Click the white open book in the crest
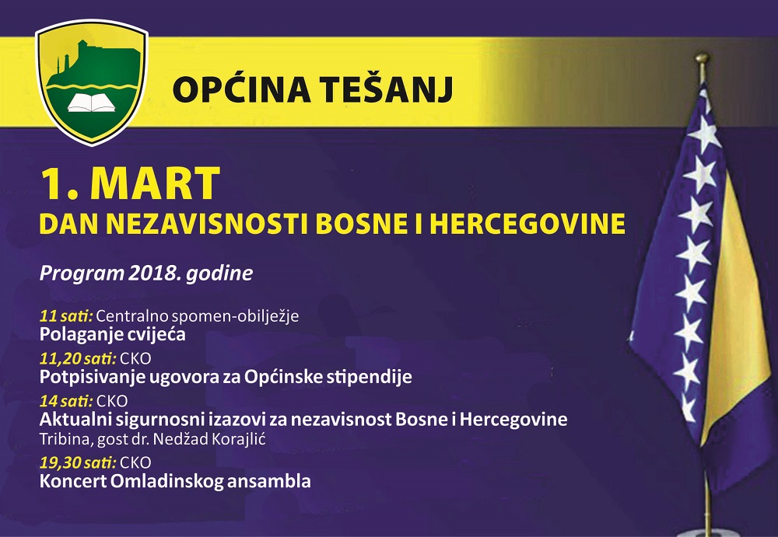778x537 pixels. [91, 103]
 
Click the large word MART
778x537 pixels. [155, 183]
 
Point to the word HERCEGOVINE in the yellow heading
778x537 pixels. [527, 224]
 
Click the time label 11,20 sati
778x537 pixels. [78, 358]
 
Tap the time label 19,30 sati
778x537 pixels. [78, 462]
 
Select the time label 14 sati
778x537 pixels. [66, 401]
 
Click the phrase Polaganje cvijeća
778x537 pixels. [113, 333]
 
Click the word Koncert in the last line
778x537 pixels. [73, 481]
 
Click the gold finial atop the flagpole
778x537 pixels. [702, 59]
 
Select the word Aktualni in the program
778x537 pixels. [75, 420]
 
